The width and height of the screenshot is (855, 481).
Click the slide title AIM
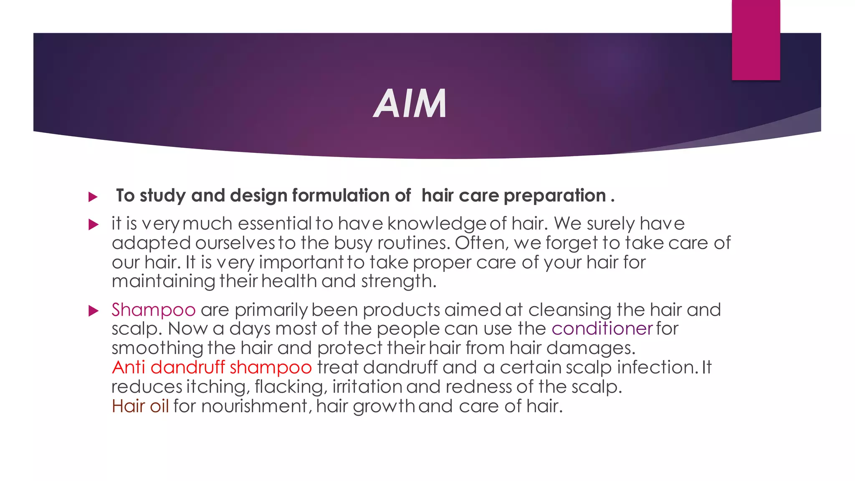click(x=410, y=104)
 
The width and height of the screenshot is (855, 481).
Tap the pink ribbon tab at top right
click(x=756, y=40)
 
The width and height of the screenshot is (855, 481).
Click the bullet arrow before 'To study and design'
click(x=93, y=197)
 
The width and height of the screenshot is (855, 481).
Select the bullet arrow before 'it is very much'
click(x=93, y=225)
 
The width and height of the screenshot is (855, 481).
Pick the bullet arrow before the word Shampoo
click(x=93, y=311)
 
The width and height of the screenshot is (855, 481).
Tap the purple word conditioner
click(x=602, y=329)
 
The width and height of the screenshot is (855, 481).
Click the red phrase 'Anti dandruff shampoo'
click(x=212, y=367)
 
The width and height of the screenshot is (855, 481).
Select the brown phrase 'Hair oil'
click(x=140, y=406)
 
